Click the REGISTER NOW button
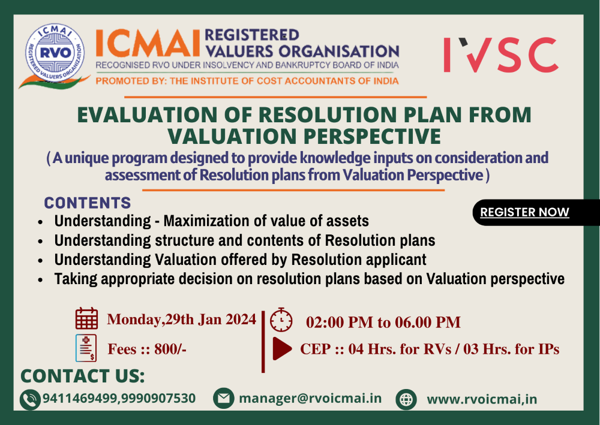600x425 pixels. click(525, 212)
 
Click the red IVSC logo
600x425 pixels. click(500, 55)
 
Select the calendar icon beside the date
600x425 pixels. click(86, 318)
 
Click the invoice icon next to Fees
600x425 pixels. click(86, 348)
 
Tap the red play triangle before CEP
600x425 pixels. click(281, 349)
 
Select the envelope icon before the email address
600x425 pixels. click(223, 398)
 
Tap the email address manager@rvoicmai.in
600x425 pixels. click(310, 398)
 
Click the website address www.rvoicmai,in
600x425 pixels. click(482, 399)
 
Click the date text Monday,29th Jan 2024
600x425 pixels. click(181, 319)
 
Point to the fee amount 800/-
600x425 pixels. click(170, 349)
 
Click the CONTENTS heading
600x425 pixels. click(88, 203)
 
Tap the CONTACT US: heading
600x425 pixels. click(83, 376)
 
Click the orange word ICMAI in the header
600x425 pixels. click(147, 44)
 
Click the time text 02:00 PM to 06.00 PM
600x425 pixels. click(383, 322)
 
